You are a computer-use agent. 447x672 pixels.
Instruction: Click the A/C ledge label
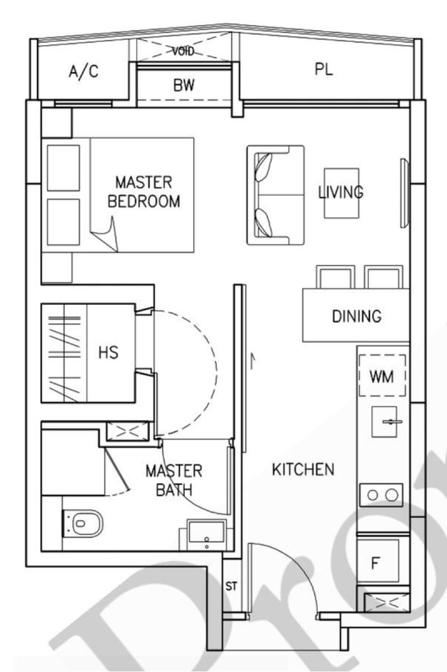click(83, 72)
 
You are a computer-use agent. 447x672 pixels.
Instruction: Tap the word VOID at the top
click(183, 51)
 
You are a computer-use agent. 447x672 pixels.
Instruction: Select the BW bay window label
click(184, 85)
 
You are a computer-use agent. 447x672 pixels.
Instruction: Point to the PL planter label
click(324, 69)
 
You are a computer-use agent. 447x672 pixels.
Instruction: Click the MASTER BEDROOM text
click(144, 192)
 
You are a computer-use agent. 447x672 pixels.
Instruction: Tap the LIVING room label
click(341, 192)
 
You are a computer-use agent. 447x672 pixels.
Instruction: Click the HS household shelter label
click(108, 353)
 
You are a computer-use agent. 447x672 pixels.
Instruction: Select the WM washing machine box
click(382, 376)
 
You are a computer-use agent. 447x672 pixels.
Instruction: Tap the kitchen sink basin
click(384, 421)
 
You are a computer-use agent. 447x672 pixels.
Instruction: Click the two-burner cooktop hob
click(382, 495)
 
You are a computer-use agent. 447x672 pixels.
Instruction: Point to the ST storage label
click(231, 586)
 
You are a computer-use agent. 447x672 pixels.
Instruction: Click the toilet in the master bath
click(83, 524)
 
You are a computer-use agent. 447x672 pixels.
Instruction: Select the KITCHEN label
click(303, 469)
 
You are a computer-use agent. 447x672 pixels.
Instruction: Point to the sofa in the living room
click(275, 195)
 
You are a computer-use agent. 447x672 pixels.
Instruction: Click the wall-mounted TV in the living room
click(405, 193)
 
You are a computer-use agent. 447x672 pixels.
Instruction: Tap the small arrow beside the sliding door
click(253, 361)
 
